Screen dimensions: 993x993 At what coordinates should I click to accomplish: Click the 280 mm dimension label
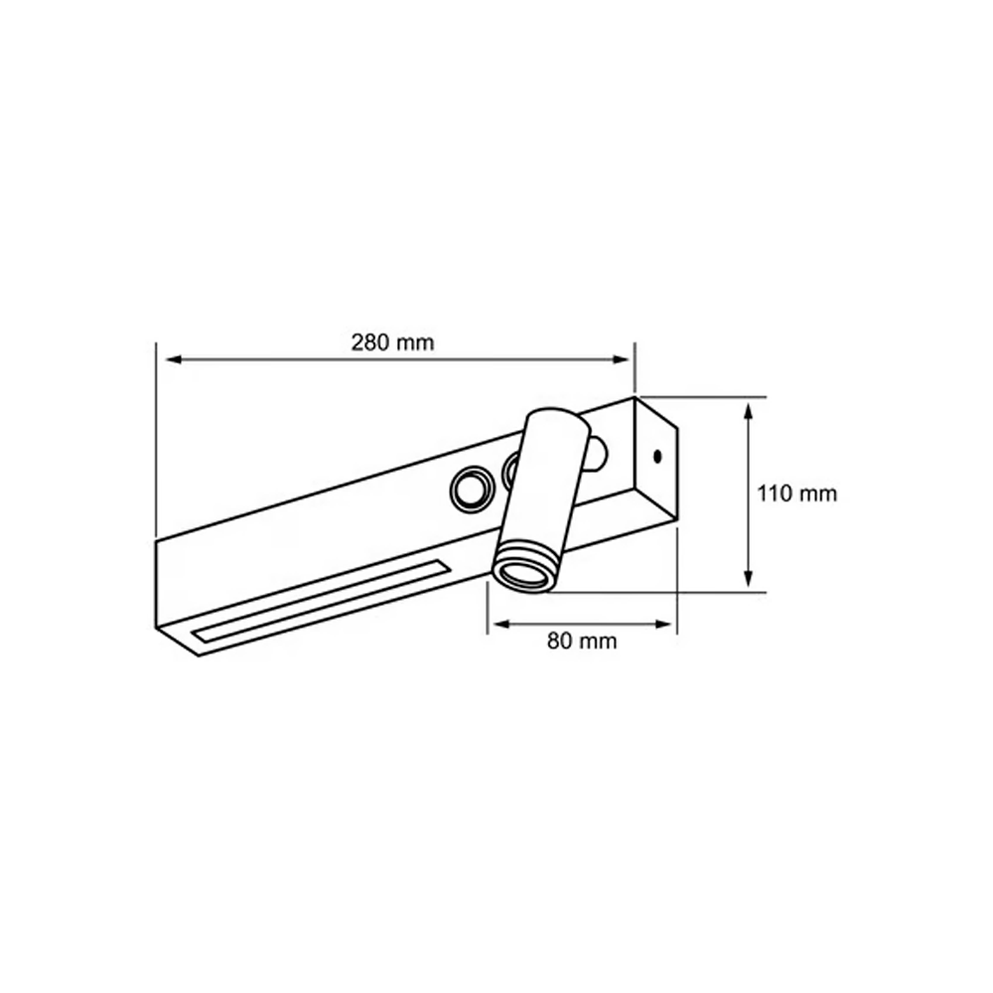pyautogui.click(x=392, y=343)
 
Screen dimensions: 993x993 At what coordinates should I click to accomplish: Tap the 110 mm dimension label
pyautogui.click(x=797, y=494)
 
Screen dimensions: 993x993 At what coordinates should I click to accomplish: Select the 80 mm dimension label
pyautogui.click(x=581, y=640)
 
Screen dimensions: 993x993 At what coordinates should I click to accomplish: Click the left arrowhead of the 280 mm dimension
pyautogui.click(x=174, y=359)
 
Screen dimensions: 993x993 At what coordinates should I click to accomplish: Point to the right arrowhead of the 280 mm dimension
pyautogui.click(x=621, y=359)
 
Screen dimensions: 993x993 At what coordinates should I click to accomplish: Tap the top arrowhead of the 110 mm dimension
pyautogui.click(x=749, y=412)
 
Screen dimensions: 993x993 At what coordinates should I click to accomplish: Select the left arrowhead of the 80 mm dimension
pyautogui.click(x=502, y=625)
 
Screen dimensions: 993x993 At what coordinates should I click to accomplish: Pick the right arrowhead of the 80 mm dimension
pyautogui.click(x=663, y=625)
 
